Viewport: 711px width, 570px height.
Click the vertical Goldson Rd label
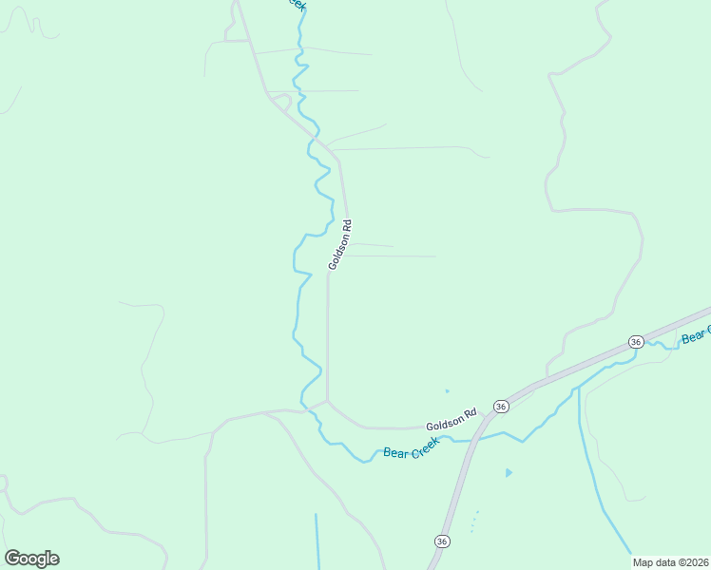(341, 245)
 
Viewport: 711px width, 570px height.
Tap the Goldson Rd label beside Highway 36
(451, 420)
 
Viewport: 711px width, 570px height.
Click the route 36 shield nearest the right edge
(636, 341)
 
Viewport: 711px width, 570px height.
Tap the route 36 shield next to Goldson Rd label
(500, 407)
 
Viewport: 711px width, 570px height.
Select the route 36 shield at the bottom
(442, 541)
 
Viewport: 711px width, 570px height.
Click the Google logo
(31, 559)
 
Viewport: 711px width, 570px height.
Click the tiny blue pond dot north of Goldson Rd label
(447, 390)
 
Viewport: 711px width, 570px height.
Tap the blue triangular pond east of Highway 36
(509, 472)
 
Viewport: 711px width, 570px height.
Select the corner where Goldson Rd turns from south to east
(328, 401)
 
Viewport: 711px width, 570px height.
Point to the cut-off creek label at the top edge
(297, 5)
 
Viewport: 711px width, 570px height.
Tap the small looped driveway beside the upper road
(281, 99)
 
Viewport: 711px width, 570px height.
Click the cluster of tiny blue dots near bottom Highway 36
(473, 521)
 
